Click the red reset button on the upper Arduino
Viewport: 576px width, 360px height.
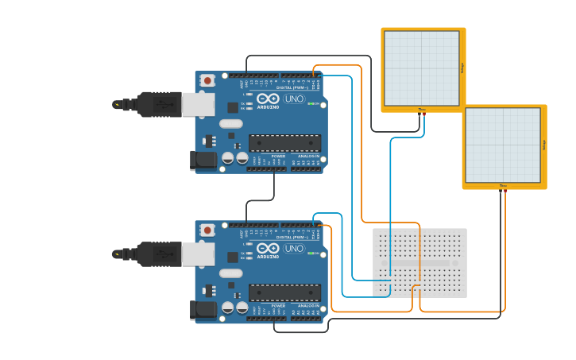(x=207, y=80)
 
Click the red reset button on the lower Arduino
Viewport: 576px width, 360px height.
(x=207, y=230)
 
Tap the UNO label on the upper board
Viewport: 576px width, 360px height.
(x=294, y=99)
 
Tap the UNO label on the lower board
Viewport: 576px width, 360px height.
(x=294, y=248)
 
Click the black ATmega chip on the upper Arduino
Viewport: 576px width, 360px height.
(x=284, y=143)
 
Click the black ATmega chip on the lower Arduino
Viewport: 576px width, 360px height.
(x=284, y=292)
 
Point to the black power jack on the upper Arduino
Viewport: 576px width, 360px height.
(x=203, y=160)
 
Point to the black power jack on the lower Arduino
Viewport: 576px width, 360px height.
(x=203, y=309)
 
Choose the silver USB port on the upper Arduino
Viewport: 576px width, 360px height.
(x=197, y=104)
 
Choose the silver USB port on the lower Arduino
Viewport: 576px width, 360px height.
(x=197, y=254)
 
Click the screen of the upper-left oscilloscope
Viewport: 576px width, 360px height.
(x=421, y=68)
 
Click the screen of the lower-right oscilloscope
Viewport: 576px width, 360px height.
(x=502, y=145)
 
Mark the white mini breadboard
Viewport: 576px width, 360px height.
(x=419, y=262)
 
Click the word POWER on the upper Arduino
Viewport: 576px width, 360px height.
(x=278, y=156)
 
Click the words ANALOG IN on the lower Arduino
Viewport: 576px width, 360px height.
(x=308, y=305)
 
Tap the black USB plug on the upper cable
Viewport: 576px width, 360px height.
(x=159, y=104)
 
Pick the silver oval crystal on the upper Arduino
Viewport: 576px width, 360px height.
(x=230, y=123)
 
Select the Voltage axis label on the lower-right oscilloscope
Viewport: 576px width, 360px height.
(x=544, y=145)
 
